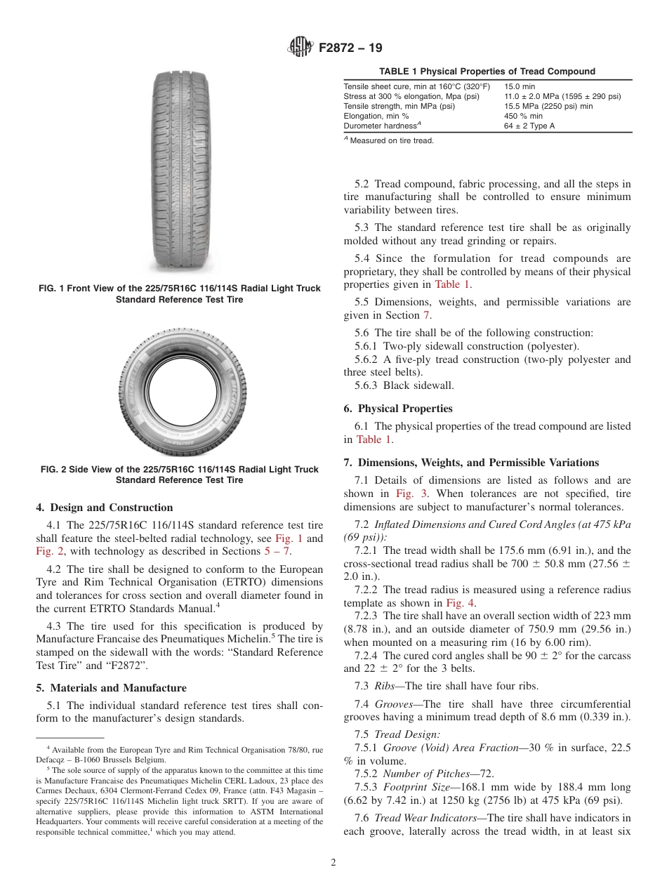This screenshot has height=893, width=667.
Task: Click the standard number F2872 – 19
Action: [350, 48]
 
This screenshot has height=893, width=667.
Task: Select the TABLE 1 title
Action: [487, 71]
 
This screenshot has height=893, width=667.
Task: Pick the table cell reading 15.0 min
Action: [519, 86]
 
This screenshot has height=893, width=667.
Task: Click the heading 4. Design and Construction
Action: [104, 508]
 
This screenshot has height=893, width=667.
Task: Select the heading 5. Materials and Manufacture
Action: [111, 688]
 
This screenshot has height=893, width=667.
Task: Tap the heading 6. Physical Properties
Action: [398, 409]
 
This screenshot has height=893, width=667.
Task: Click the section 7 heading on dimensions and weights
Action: [471, 463]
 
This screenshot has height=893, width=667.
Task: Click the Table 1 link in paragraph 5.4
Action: [453, 284]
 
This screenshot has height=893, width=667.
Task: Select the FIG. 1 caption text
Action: [179, 294]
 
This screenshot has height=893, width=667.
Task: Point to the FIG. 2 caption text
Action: [179, 475]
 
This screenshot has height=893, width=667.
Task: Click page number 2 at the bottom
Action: [333, 863]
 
